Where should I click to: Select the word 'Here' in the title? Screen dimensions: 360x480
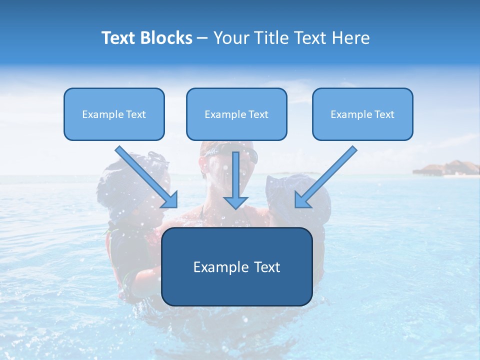tap(352, 38)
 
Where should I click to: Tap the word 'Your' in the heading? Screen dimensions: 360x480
tap(230, 38)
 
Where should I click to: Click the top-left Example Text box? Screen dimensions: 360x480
tap(114, 114)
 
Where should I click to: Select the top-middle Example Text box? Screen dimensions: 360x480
tap(236, 114)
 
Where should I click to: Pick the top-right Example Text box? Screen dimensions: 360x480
tap(362, 114)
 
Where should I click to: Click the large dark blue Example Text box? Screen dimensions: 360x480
tap(236, 267)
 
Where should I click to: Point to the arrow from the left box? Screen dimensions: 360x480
tap(145, 175)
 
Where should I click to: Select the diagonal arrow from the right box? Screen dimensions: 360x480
tap(328, 175)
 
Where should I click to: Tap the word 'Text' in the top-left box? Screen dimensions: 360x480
tap(135, 114)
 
